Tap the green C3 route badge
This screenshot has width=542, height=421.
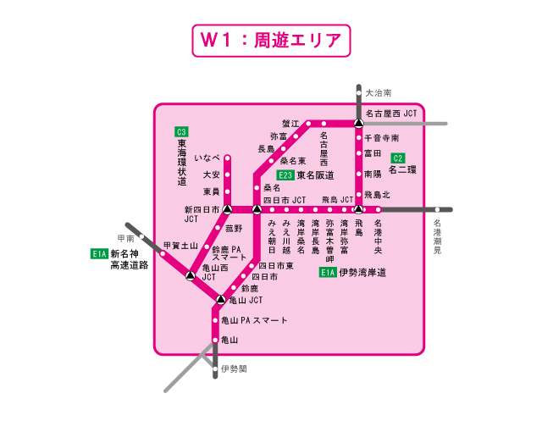coord(181,131)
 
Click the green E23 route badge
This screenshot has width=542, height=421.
coord(285,175)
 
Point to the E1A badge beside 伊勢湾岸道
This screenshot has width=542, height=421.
coord(329,272)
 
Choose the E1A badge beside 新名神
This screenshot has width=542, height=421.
coord(100,252)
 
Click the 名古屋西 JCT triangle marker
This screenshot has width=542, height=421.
coord(358,125)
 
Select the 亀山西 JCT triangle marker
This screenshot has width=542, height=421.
coord(191,276)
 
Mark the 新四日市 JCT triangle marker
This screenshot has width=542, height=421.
coord(227,208)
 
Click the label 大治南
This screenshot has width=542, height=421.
coord(379,92)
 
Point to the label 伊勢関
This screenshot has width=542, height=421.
coord(234,369)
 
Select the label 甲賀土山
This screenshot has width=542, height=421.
coord(180,246)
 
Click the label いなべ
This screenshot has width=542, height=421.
coord(207,158)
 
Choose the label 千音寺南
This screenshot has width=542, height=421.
coord(382,138)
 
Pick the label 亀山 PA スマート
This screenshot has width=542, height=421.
coord(254,320)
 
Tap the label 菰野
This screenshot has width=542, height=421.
coord(234,228)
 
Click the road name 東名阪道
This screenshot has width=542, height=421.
coord(315,175)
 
